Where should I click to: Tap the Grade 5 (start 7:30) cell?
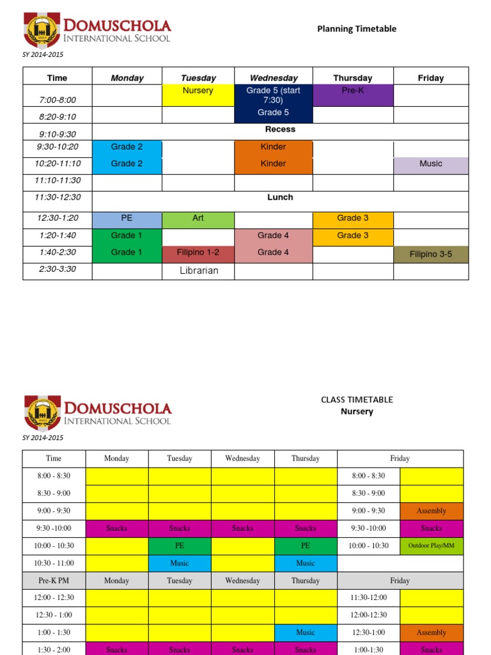coord(273,95)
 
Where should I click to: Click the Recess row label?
coord(280,129)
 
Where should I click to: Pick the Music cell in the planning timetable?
coord(430,164)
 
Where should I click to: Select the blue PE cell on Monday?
coord(127,218)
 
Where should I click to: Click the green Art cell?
coord(198,218)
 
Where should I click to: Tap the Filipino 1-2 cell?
coord(198,252)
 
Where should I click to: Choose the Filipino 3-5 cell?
coord(430,254)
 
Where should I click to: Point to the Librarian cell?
coord(198,270)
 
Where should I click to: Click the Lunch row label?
coord(280,197)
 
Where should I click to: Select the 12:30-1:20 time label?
coord(57,218)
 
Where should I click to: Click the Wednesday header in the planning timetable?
coord(273,78)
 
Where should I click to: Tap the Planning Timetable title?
coord(357,29)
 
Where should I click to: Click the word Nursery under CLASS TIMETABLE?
coord(357,411)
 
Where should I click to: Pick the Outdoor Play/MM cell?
coord(432,546)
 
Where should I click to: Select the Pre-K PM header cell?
coord(54,581)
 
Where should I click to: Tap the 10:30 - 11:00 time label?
coord(54,564)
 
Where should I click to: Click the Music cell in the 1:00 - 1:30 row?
coord(306,633)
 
